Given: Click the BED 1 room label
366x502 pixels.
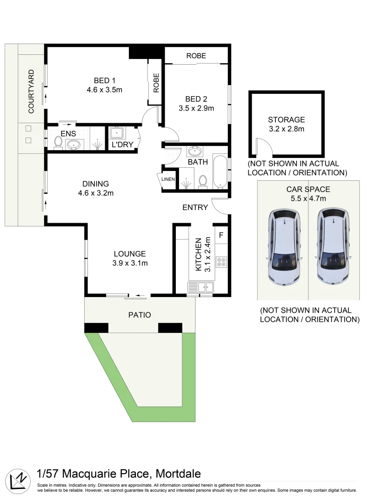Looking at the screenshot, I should pos(104,80).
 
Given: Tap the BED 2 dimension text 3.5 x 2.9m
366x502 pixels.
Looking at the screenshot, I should pos(196,109).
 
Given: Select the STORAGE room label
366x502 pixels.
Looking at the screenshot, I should pos(286,119).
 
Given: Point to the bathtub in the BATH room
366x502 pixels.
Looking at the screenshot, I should pos(220,172).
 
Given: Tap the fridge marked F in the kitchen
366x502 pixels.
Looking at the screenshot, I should pos(221,235).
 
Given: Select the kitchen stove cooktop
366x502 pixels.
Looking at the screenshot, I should pos(221,262).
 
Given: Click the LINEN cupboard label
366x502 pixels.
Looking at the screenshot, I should pos(168,179).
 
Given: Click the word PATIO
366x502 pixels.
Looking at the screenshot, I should pos(140,315).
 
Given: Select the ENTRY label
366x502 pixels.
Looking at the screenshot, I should pos(195,207).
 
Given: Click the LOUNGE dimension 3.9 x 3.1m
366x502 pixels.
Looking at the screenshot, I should pos(130,264).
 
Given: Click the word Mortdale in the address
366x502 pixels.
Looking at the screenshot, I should pos(178,474).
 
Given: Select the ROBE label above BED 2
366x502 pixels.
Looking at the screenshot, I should pos(196,56).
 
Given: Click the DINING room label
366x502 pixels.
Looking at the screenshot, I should pos(95,183).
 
